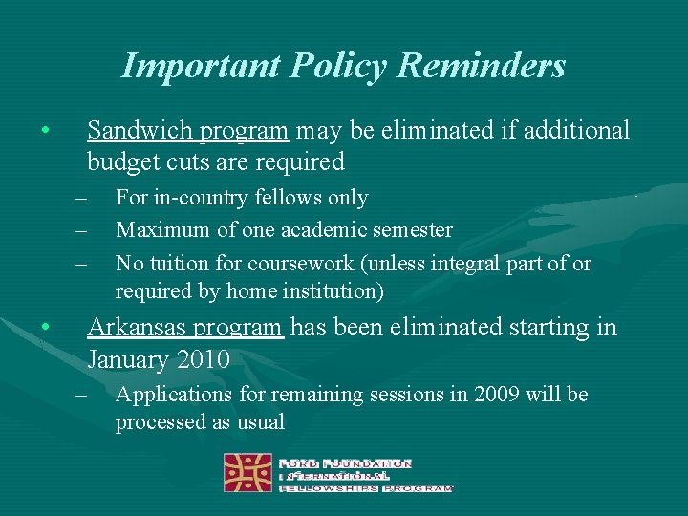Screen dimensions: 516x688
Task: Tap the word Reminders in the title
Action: (x=483, y=66)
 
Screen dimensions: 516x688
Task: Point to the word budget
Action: (x=120, y=162)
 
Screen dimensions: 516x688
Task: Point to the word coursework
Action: (x=290, y=263)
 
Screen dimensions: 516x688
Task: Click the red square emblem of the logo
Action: (x=247, y=472)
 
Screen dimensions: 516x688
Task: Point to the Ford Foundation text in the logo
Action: (x=346, y=463)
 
